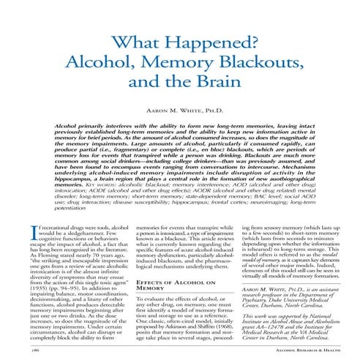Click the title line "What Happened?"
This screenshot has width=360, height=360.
[x=180, y=43]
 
